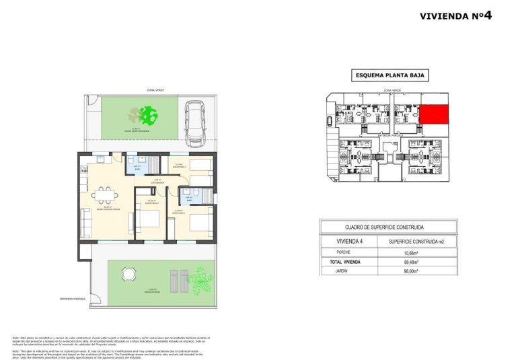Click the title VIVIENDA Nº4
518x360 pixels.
tap(456, 15)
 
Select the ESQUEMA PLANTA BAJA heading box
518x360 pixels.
tap(390, 75)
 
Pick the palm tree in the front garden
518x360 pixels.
tap(199, 279)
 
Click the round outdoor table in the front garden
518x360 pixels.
tap(128, 274)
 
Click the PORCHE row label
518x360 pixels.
tap(353, 253)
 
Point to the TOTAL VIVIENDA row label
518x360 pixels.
tap(353, 262)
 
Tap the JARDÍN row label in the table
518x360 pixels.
tap(353, 271)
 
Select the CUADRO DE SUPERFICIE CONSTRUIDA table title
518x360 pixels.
tap(384, 227)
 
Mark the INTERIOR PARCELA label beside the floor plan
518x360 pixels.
tap(73, 298)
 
